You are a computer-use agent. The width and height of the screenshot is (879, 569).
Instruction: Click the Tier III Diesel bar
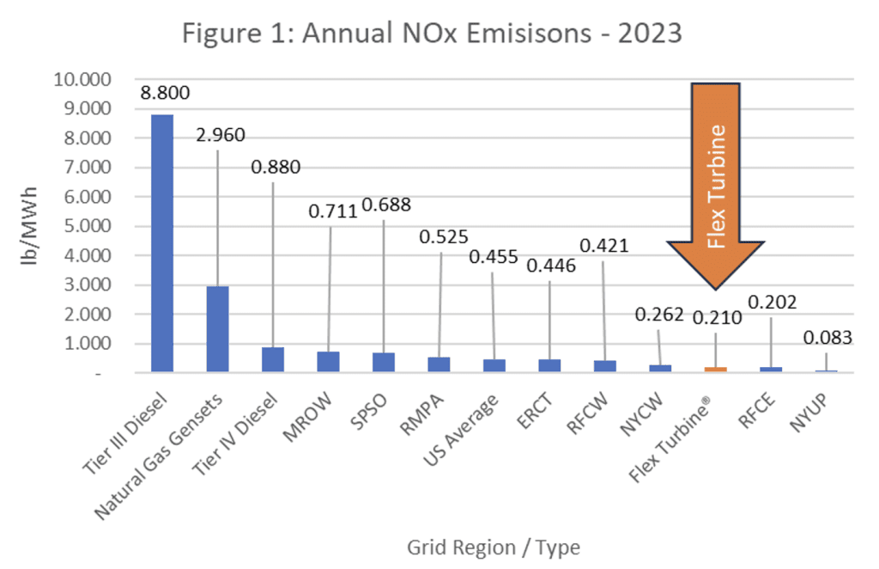161,243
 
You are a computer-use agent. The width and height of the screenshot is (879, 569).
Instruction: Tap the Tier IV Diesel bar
272,359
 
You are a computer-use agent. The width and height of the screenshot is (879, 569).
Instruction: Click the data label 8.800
165,93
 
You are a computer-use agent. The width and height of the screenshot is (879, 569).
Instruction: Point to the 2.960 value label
220,136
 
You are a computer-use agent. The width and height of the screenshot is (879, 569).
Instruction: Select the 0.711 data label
331,212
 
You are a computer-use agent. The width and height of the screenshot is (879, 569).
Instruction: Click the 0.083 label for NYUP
827,339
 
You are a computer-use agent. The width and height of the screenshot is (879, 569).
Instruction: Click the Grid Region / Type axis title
493,547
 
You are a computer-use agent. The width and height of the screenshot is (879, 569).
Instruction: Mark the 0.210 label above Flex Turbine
716,318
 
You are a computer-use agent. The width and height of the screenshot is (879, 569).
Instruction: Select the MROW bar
328,361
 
